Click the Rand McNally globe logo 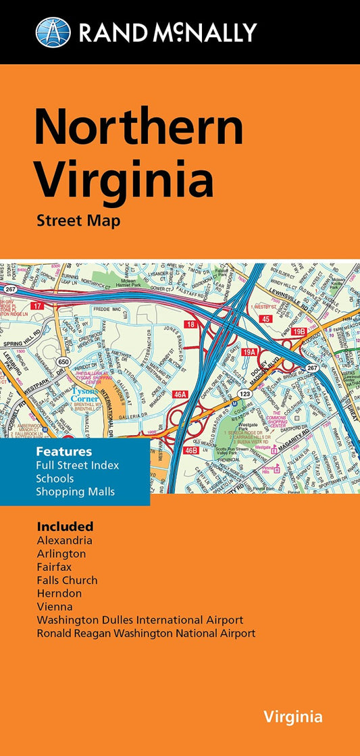pyautogui.click(x=53, y=32)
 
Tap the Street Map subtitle pyautogui.click(x=79, y=221)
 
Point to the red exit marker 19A pyautogui.click(x=250, y=352)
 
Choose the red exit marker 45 pyautogui.click(x=266, y=319)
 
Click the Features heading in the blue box pyautogui.click(x=65, y=450)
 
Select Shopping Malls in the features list pyautogui.click(x=76, y=491)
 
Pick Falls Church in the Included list pyautogui.click(x=67, y=580)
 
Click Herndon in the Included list pyautogui.click(x=59, y=593)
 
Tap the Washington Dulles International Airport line pyautogui.click(x=140, y=620)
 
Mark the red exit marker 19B pyautogui.click(x=300, y=331)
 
